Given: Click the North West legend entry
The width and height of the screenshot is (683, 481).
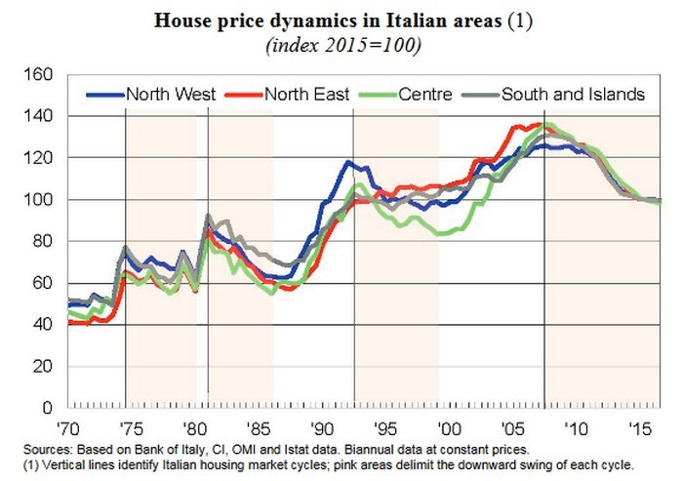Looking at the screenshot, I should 166,94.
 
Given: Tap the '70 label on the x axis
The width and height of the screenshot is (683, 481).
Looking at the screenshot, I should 66,427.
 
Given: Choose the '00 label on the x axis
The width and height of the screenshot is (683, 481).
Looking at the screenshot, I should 448,427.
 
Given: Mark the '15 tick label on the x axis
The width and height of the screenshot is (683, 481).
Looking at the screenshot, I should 639,427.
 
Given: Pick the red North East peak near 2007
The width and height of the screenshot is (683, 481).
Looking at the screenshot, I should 535,125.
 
